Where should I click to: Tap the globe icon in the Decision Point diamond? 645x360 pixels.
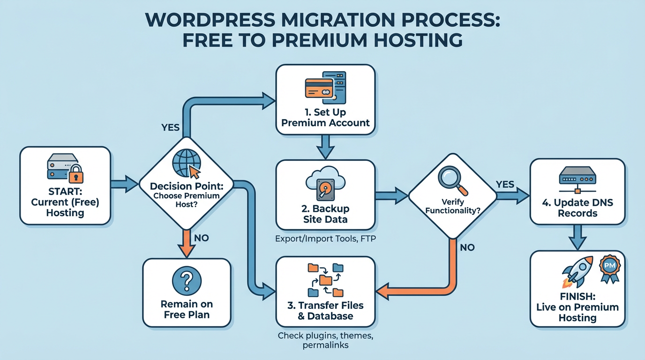click(186, 162)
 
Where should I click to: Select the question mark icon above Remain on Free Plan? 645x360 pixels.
click(186, 281)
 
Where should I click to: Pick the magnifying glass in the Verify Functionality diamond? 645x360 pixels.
click(452, 180)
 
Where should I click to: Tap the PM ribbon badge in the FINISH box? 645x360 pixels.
click(609, 270)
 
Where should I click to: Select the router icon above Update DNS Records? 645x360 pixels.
click(577, 180)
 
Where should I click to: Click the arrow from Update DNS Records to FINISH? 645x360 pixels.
click(577, 237)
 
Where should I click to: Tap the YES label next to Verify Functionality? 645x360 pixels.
click(504, 184)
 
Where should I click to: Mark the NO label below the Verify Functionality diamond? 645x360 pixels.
click(467, 247)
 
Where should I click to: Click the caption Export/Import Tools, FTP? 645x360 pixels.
click(325, 240)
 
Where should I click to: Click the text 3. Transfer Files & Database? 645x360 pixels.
click(325, 311)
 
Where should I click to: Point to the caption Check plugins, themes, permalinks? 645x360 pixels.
click(325, 341)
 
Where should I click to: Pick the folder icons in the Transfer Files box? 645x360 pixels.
click(325, 280)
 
